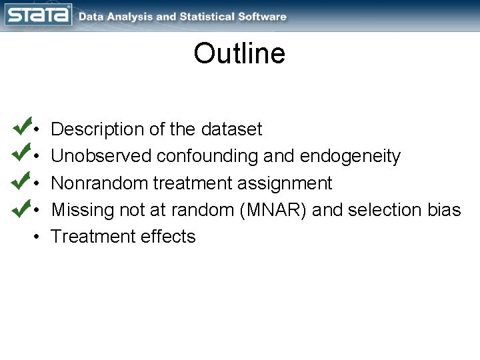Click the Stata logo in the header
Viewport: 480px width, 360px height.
pos(38,15)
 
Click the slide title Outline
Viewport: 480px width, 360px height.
pos(239,54)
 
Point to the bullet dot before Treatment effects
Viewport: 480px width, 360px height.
pos(39,237)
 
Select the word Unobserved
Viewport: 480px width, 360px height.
pos(102,156)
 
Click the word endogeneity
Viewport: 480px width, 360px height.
pos(351,157)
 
